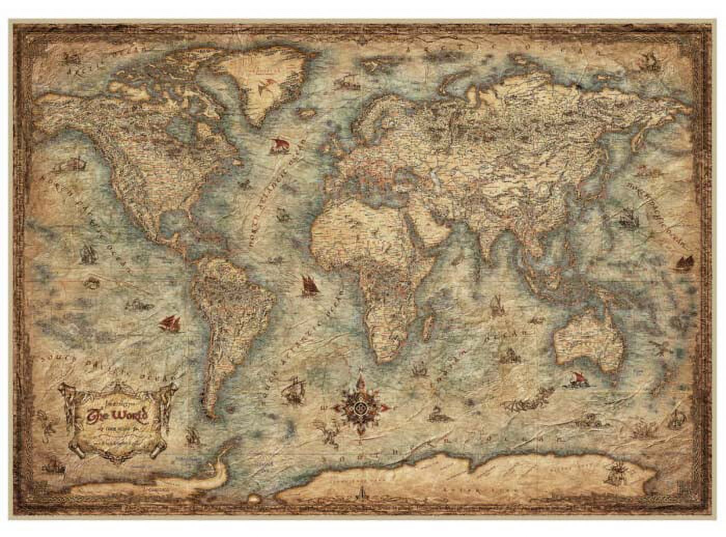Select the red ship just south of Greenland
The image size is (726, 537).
point(278,145)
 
